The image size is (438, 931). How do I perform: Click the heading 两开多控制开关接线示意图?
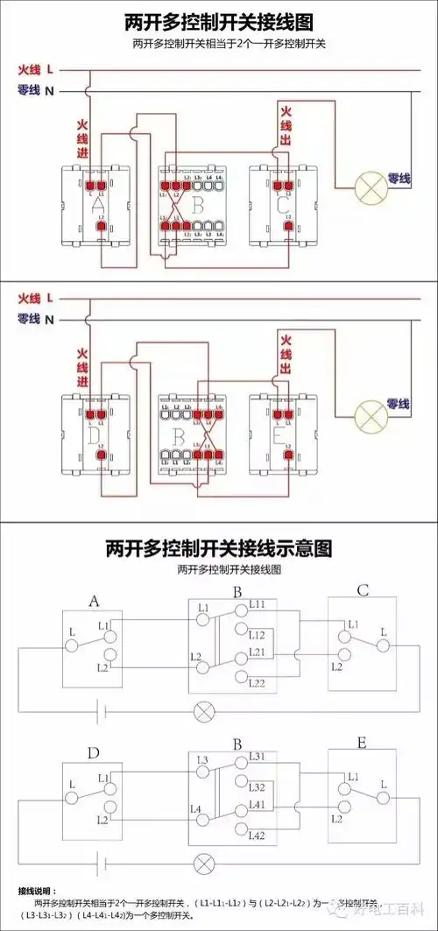[219, 548]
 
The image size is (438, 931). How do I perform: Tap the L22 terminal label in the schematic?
[258, 683]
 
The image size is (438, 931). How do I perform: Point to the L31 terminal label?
[258, 757]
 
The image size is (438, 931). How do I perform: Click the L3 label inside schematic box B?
[202, 759]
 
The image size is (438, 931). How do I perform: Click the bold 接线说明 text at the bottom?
[37, 890]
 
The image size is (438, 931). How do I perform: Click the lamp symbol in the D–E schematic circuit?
[204, 863]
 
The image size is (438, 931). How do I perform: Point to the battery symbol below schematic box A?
[104, 708]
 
